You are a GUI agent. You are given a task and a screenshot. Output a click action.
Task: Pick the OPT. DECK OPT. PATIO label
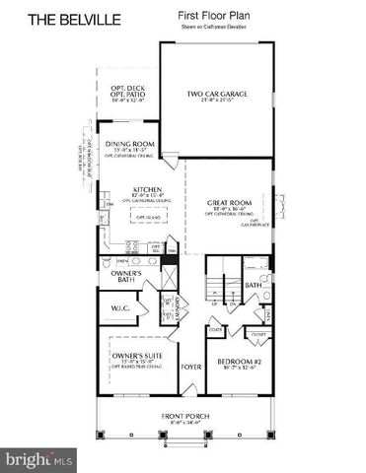click(126, 92)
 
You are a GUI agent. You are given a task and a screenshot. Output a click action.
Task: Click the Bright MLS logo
click(40, 459)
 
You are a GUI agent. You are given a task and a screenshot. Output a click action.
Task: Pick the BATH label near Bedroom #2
click(253, 286)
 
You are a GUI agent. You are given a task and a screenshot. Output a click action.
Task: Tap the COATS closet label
click(214, 329)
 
